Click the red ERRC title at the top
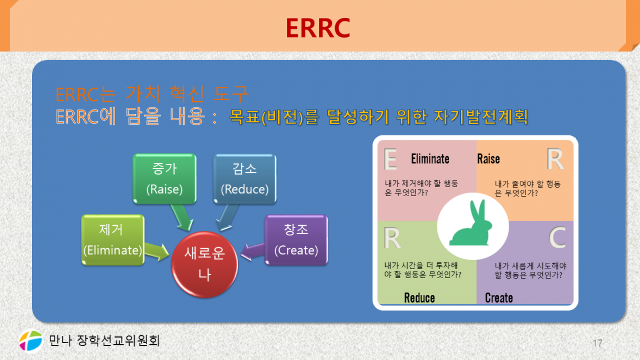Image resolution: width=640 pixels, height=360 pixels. tap(318, 28)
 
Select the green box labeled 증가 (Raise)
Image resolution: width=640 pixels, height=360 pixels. tap(164, 178)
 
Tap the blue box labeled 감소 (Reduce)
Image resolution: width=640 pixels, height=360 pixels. tap(244, 178)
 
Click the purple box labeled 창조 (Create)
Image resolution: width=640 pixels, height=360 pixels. tap(296, 240)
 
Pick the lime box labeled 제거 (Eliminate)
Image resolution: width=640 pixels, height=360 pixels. tap(112, 240)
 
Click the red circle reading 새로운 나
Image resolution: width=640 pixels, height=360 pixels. tap(205, 265)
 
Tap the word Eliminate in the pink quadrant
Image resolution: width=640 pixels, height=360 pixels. tap(430, 159)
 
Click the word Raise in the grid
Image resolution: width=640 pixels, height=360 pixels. tap(488, 159)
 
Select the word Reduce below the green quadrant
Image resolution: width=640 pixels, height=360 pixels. tap(419, 298)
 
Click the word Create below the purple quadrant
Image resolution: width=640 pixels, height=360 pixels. tap(499, 298)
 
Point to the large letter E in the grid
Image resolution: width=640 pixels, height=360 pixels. tap(390, 160)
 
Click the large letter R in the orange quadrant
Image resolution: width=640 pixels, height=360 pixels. tap(555, 160)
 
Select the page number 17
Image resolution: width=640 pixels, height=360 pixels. tap(597, 343)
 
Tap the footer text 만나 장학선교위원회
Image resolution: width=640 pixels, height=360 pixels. tap(104, 340)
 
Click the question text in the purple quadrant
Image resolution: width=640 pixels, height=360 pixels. tap(529, 270)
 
